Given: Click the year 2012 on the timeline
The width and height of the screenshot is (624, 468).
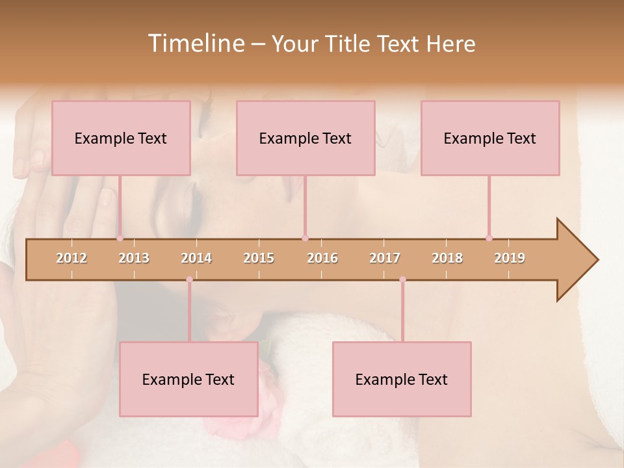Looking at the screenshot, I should click(x=71, y=258).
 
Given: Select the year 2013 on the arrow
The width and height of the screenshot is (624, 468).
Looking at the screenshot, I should click(x=134, y=258).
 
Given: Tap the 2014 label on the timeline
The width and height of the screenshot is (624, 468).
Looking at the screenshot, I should click(x=196, y=258).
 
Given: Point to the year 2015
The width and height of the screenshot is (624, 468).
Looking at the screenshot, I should click(x=259, y=258).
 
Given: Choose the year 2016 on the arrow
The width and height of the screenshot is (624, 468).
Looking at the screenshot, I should click(x=322, y=258).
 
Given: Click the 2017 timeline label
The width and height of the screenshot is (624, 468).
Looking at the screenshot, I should click(x=385, y=258).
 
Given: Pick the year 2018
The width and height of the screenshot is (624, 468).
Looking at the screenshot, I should click(x=447, y=258).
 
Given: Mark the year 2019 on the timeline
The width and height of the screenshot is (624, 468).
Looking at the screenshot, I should click(x=510, y=258).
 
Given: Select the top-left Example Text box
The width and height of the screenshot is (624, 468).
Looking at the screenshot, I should click(x=121, y=138).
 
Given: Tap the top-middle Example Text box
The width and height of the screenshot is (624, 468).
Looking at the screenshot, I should click(x=305, y=138).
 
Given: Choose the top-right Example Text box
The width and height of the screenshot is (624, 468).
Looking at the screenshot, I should click(x=490, y=138).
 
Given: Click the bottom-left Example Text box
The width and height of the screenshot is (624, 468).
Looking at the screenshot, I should click(x=188, y=379).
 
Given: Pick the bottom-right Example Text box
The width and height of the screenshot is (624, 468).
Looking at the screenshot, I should click(x=402, y=379).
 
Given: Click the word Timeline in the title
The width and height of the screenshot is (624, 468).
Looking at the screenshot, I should click(x=195, y=44).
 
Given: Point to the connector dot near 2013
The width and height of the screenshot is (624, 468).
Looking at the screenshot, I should click(x=120, y=239).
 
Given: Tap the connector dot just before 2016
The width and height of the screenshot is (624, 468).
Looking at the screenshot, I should click(x=305, y=239).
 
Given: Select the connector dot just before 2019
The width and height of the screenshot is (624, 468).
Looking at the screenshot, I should click(x=489, y=239).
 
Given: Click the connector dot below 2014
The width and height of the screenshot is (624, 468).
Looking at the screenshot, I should click(x=189, y=279).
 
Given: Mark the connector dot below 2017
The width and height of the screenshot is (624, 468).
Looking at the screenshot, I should click(x=402, y=279).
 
